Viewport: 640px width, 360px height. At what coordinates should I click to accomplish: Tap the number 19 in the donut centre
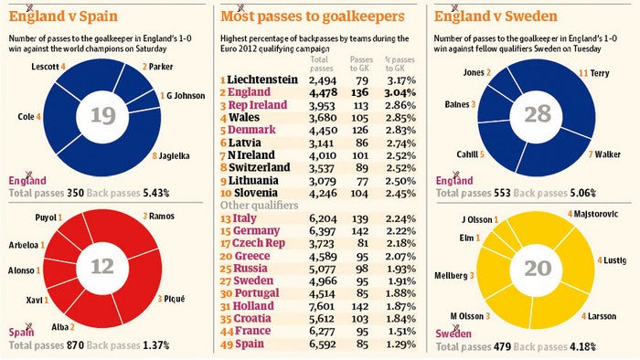(x=102, y=116)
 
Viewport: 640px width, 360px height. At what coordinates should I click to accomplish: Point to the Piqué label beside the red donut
(x=171, y=299)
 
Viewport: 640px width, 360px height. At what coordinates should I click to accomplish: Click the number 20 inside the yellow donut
(x=538, y=269)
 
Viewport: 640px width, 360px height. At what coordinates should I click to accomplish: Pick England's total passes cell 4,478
(x=323, y=92)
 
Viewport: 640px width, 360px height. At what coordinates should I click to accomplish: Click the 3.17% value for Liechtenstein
(x=400, y=79)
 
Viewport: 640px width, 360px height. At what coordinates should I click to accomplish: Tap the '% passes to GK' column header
(x=400, y=64)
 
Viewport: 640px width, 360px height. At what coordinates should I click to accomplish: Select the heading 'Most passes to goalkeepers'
(x=313, y=16)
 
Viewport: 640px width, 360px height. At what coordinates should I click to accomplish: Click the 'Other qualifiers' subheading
(x=259, y=205)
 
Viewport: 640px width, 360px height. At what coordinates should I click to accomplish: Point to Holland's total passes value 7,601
(x=323, y=306)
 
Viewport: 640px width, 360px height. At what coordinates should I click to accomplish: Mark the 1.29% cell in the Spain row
(x=400, y=344)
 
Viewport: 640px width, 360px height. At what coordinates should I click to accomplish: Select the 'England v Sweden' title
(x=496, y=16)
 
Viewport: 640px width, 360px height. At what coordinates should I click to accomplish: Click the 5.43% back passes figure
(x=156, y=193)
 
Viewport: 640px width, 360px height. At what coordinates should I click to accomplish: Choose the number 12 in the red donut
(x=102, y=267)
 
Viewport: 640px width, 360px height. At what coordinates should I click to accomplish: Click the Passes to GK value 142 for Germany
(x=359, y=231)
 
